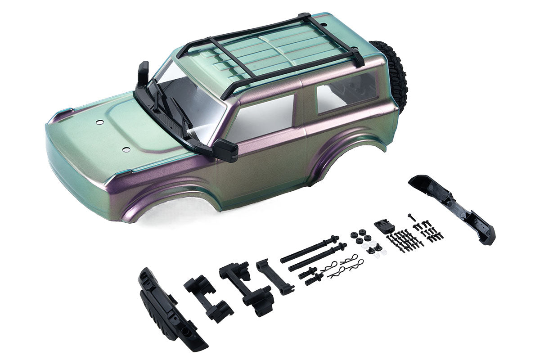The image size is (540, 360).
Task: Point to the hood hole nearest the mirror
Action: (125, 149)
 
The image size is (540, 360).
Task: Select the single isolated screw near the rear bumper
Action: (410, 216)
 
